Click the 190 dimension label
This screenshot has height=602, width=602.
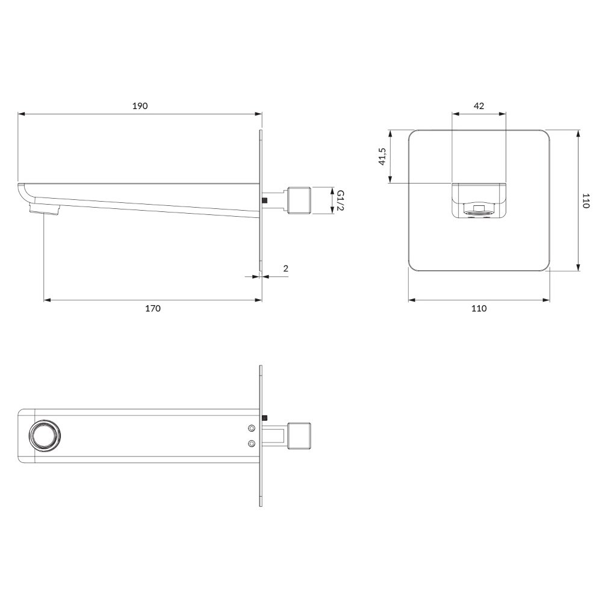tap(140, 106)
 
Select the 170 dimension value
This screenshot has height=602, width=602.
tap(152, 308)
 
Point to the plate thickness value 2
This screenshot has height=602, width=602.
tap(285, 268)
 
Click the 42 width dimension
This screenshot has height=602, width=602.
tap(479, 106)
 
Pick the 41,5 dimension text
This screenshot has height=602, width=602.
tap(382, 156)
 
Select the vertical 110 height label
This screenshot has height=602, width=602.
tap(586, 201)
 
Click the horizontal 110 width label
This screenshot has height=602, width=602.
tap(479, 308)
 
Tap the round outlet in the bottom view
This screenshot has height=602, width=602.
tap(45, 435)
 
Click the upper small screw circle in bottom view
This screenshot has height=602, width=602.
tap(252, 427)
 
